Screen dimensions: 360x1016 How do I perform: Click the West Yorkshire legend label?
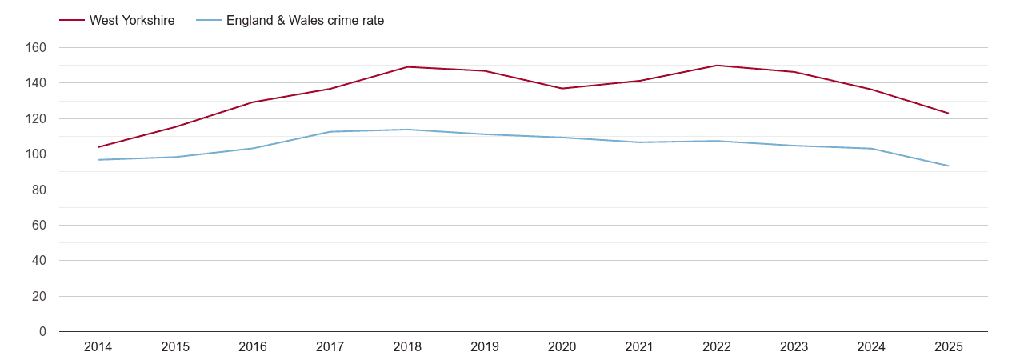132,21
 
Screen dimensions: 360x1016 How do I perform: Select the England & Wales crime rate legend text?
305,21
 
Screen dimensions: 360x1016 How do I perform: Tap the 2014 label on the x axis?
98,347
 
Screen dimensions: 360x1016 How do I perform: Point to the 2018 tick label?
407,347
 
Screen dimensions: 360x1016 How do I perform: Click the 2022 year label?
717,347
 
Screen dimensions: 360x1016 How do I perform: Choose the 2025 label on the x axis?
949,347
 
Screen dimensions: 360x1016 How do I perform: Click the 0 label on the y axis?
42,332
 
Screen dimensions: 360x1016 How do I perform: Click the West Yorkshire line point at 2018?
407,67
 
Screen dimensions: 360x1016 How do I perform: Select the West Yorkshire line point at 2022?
717,66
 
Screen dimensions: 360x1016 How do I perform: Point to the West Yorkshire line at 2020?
562,88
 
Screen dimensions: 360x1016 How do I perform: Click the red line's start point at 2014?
98,147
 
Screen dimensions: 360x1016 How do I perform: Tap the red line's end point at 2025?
949,114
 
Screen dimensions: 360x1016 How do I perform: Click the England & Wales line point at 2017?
330,132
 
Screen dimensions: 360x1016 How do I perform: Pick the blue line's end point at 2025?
949,166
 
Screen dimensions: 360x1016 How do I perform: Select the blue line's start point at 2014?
98,160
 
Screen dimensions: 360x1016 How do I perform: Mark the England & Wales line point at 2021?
639,142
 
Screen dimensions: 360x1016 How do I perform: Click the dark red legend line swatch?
72,21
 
